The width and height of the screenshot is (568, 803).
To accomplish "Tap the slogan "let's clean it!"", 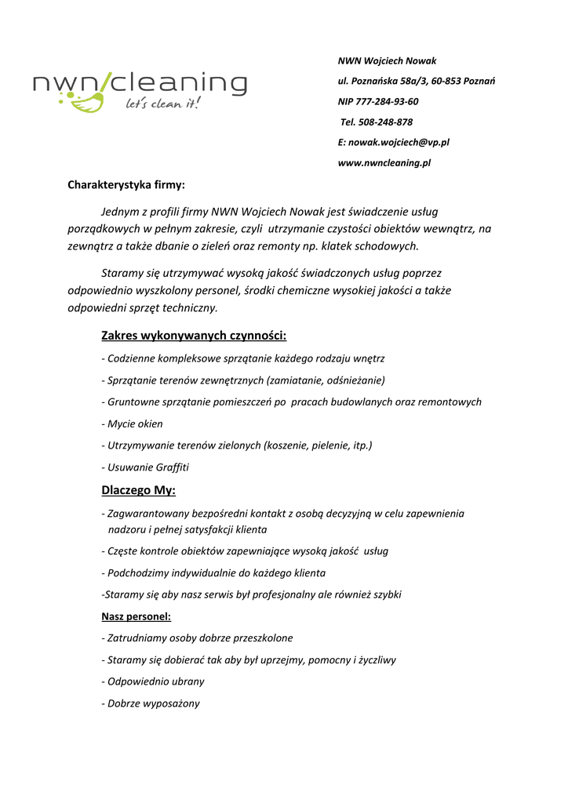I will pyautogui.click(x=163, y=104).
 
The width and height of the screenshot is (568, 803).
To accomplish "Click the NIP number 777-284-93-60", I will pyautogui.click(x=388, y=102).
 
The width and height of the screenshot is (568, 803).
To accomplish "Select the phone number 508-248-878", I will pyautogui.click(x=385, y=122).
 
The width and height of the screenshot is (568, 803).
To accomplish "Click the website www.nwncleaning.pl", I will pyautogui.click(x=384, y=163).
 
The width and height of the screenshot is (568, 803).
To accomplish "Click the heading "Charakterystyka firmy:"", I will pyautogui.click(x=126, y=185).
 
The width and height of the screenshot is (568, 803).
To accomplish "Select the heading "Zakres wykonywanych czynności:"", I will pyautogui.click(x=194, y=336).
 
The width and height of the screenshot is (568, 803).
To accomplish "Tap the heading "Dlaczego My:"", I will pyautogui.click(x=138, y=491).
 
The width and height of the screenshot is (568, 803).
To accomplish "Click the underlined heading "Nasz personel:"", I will pyautogui.click(x=137, y=616).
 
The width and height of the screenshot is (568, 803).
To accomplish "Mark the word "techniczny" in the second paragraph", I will pyautogui.click(x=189, y=308).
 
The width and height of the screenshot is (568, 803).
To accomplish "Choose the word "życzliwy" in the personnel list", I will pyautogui.click(x=375, y=660).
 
